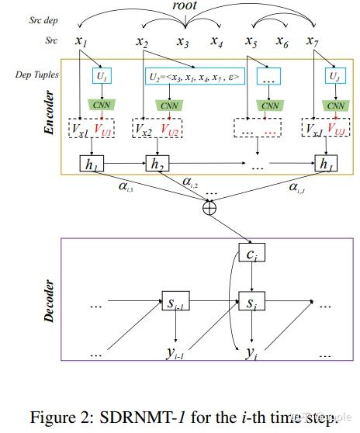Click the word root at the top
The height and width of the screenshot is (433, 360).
184,6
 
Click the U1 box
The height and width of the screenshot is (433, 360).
102,77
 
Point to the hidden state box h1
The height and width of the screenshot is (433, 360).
92,164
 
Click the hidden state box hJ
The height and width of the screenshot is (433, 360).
324,164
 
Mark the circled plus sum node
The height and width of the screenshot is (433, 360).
209,208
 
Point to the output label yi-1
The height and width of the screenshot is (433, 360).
178,353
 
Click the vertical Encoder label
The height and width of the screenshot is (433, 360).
50,113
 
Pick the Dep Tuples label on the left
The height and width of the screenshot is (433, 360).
33,75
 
